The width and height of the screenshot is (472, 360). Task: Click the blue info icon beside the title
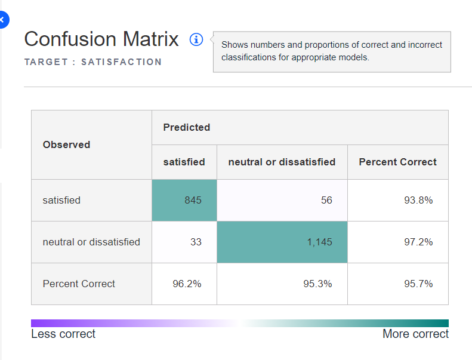(x=196, y=39)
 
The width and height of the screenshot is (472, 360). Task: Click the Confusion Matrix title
(x=101, y=39)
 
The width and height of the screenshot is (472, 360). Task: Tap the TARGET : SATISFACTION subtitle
(x=93, y=62)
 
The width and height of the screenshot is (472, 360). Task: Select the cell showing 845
(x=184, y=201)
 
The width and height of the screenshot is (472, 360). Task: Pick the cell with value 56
(x=282, y=201)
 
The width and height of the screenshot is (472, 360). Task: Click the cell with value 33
(x=184, y=242)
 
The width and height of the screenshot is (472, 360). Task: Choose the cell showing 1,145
(x=282, y=242)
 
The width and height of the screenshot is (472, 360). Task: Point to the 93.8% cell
(x=398, y=201)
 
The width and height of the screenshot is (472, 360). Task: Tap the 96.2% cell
(x=184, y=284)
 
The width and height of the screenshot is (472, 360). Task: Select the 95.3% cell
(x=282, y=284)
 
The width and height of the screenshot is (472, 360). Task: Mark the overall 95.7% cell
(x=398, y=284)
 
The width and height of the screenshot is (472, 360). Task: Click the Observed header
(x=67, y=144)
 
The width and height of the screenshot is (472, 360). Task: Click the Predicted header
(x=187, y=127)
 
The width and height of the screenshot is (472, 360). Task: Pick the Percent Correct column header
(x=398, y=162)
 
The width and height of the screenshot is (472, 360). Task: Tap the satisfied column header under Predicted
(x=184, y=162)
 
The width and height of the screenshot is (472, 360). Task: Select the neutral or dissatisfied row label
(x=91, y=242)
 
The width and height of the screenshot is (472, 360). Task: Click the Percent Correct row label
(x=79, y=284)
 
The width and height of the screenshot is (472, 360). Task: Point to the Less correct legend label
(x=63, y=334)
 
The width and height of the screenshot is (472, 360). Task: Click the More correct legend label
(x=415, y=334)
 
